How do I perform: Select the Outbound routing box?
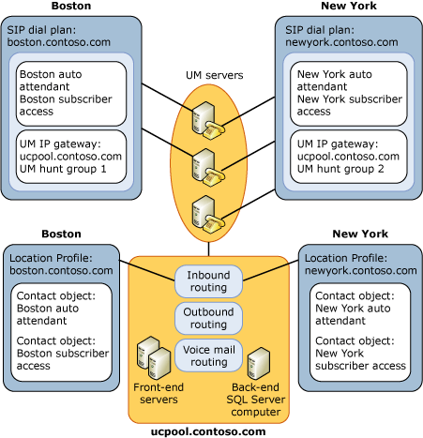[x=208, y=318]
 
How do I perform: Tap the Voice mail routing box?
[x=208, y=355]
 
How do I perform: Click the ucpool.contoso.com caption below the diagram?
[x=208, y=430]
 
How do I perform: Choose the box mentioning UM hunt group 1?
[x=72, y=154]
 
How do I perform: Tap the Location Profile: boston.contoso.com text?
[x=62, y=263]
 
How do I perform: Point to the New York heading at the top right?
[x=347, y=7]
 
